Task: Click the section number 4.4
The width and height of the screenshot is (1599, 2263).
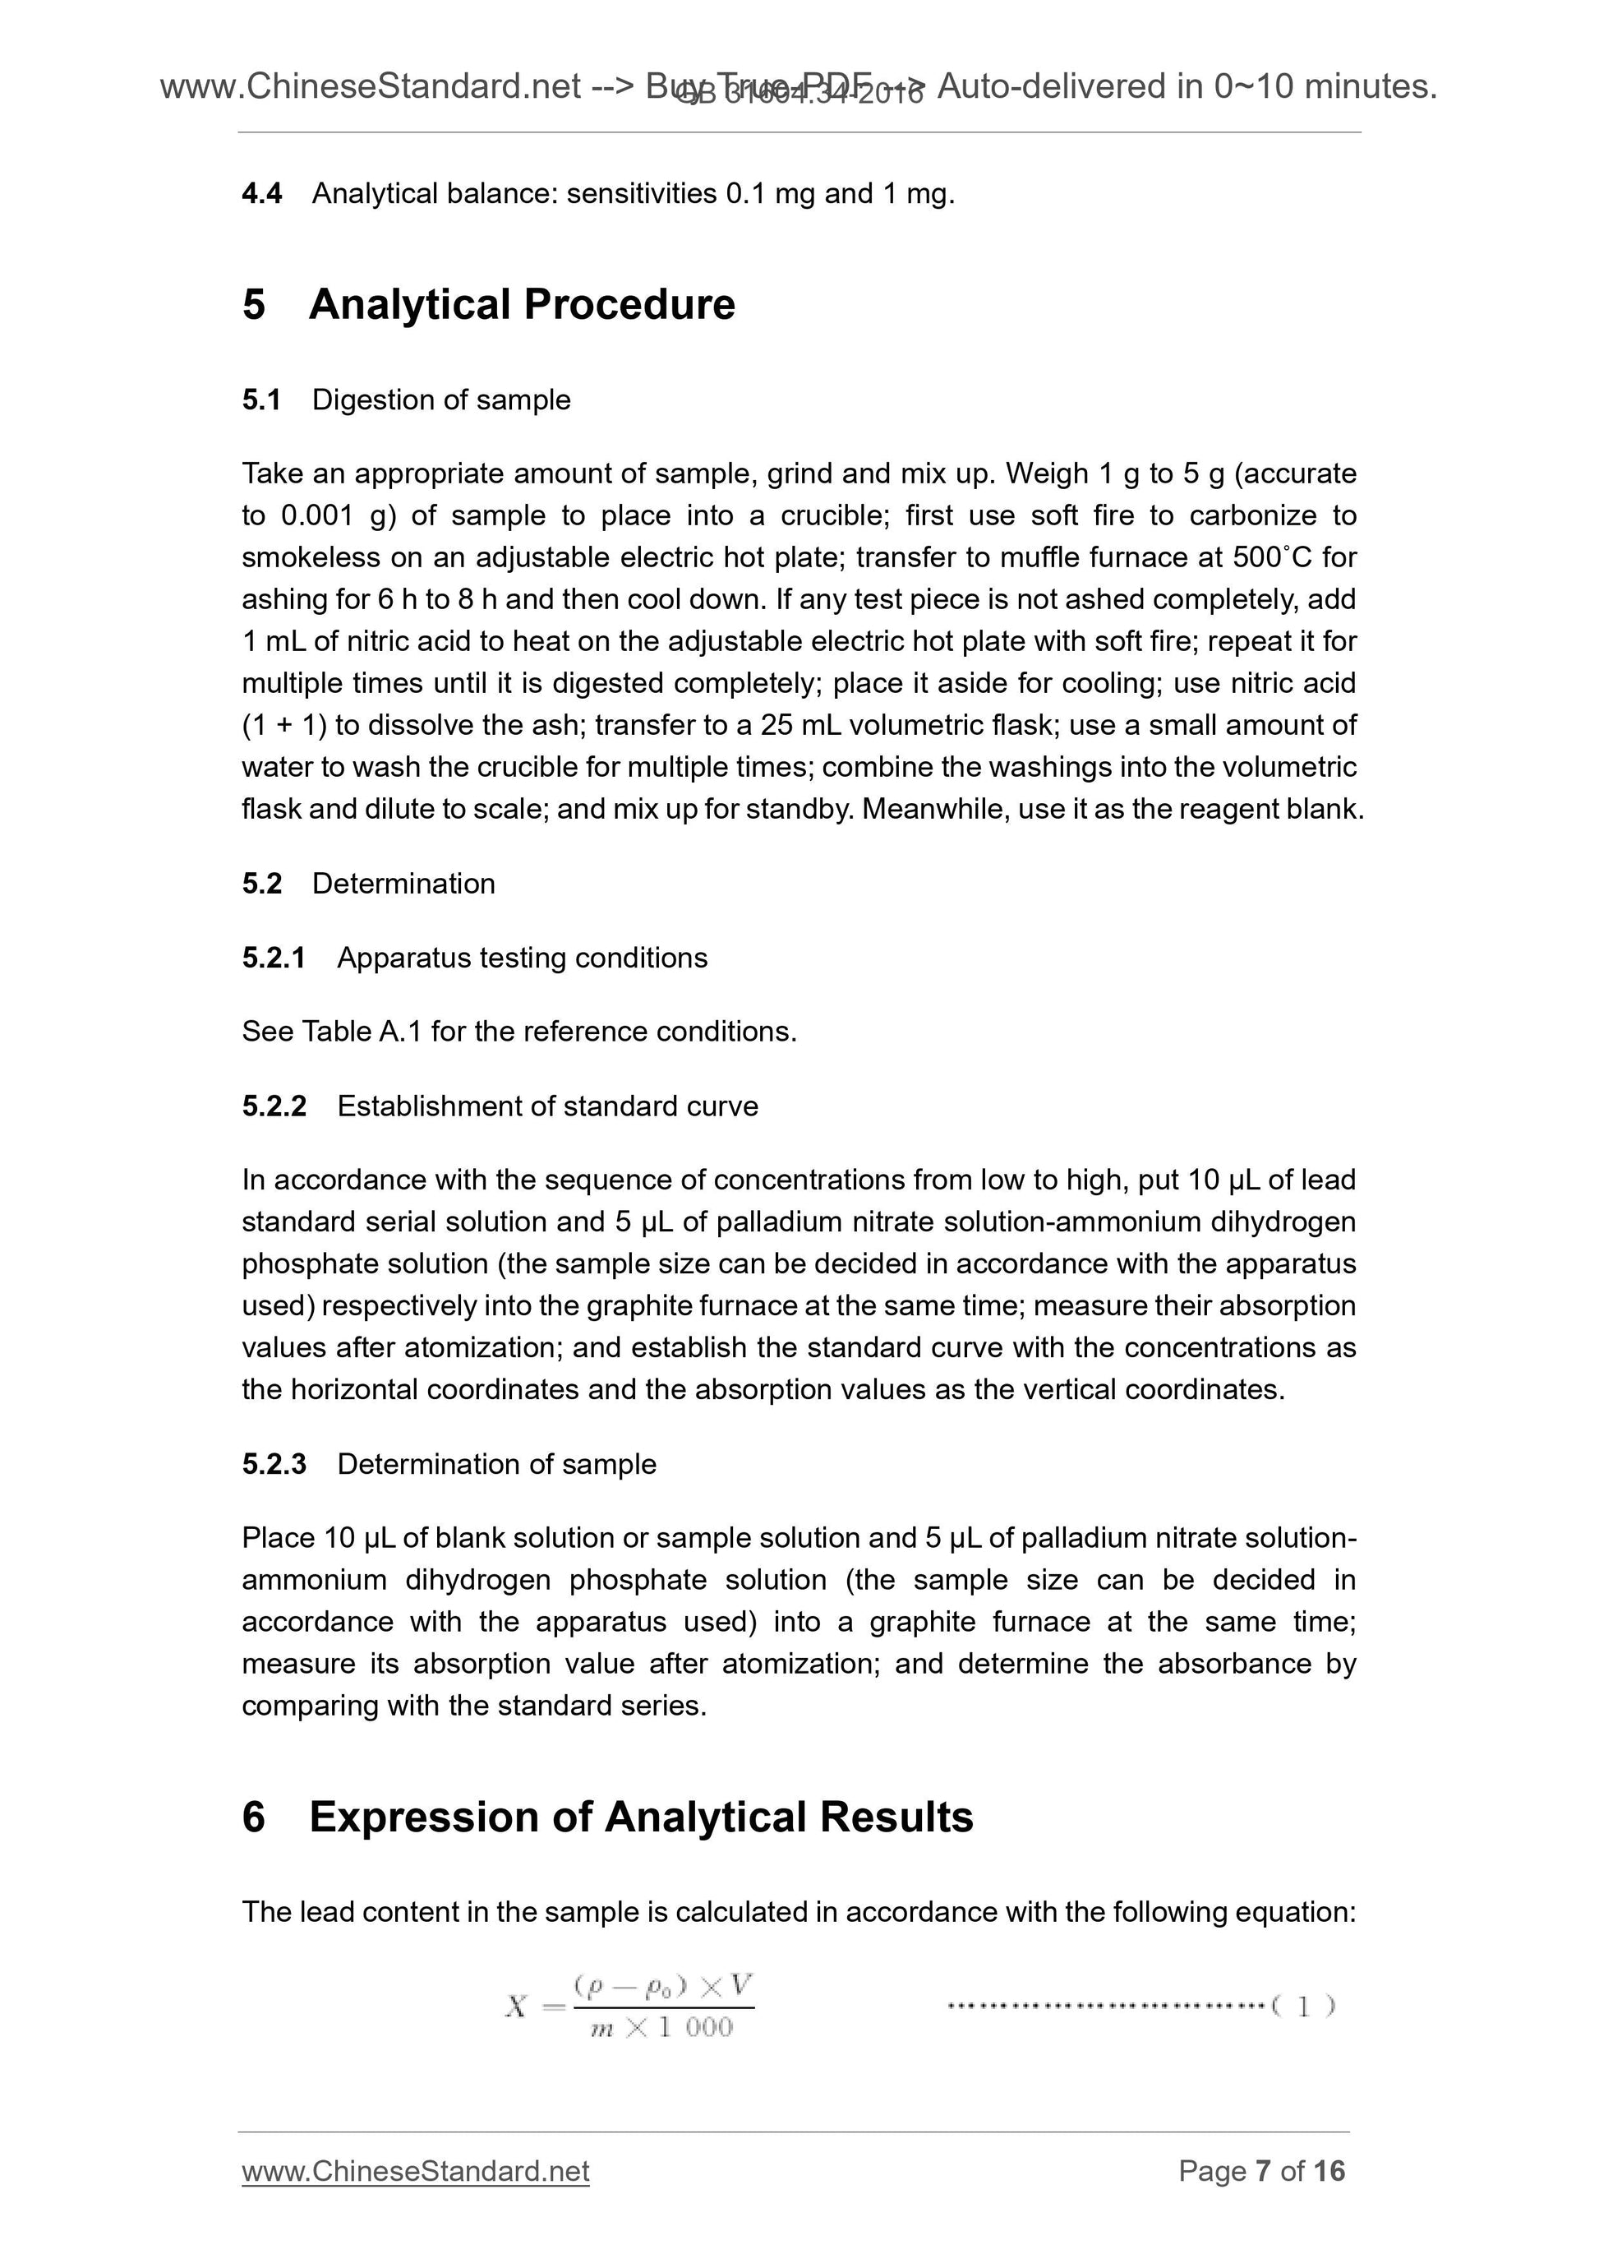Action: (x=262, y=194)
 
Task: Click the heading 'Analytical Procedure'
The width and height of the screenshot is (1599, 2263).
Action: (x=521, y=305)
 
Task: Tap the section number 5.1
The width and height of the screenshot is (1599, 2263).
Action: (x=262, y=400)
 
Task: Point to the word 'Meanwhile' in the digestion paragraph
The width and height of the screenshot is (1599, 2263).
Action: (x=936, y=809)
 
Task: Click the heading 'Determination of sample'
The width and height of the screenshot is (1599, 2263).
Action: (x=495, y=1465)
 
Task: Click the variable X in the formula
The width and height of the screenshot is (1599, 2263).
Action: (x=516, y=2006)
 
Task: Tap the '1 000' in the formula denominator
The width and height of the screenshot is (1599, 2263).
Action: (x=696, y=2027)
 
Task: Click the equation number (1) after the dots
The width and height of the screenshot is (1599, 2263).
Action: (x=1302, y=2006)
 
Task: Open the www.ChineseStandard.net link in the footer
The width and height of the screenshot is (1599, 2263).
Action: (x=415, y=2171)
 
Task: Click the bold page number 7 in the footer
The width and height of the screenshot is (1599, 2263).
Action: (x=1263, y=2171)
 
